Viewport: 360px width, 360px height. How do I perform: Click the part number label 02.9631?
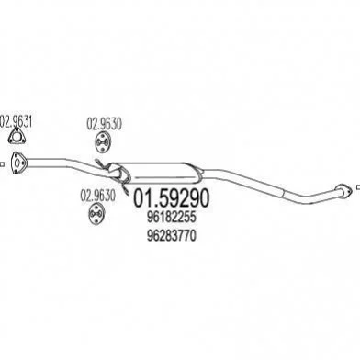[16, 121]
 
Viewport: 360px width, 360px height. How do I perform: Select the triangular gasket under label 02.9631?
[17, 137]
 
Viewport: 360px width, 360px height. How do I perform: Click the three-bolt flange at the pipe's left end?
[18, 163]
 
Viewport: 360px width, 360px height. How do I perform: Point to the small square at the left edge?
[2, 164]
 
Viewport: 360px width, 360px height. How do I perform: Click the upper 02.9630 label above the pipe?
[105, 124]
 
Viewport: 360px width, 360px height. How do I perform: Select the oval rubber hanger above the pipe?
[102, 142]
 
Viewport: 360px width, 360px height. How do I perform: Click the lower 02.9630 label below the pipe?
[98, 196]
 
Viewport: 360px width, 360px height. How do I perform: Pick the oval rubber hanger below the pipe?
[96, 214]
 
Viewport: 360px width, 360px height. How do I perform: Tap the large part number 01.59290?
[172, 197]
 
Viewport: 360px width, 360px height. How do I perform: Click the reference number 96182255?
[171, 218]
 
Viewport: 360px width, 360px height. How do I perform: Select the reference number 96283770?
[171, 236]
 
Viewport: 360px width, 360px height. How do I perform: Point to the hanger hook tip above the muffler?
[96, 161]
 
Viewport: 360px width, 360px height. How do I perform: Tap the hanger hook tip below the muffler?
[127, 193]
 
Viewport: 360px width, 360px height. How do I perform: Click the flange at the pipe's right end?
[343, 190]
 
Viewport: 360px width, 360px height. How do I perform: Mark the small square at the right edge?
[358, 186]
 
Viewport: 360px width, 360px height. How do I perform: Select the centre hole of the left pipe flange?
[18, 163]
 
